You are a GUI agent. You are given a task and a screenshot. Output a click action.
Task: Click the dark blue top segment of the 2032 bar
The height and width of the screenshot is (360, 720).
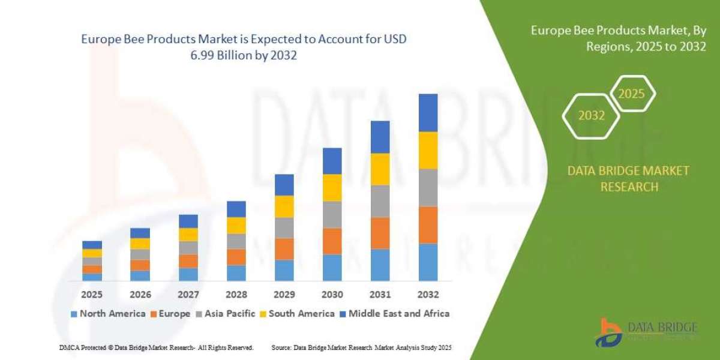[x=428, y=113]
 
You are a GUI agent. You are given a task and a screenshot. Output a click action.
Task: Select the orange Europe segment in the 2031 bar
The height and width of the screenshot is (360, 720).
[x=380, y=233]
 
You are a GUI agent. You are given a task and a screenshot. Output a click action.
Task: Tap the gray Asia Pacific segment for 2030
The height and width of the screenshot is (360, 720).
[x=332, y=214]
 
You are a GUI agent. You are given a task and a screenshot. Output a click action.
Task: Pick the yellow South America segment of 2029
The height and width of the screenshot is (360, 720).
[x=284, y=206]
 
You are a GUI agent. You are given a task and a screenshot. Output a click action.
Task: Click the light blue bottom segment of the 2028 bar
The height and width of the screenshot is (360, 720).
[x=236, y=273]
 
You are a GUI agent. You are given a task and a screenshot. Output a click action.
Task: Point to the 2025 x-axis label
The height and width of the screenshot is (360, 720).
[x=92, y=295]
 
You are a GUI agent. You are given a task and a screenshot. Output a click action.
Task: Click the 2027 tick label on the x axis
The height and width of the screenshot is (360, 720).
[x=188, y=295]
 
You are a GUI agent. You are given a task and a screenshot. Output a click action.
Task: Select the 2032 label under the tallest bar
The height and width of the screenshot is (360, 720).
[x=428, y=295]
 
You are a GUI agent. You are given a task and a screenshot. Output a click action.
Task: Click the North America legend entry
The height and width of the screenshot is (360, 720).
[x=108, y=313]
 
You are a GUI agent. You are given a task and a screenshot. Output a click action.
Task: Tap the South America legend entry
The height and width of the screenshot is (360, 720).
[x=296, y=313]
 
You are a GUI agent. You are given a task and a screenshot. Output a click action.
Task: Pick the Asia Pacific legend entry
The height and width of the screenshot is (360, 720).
[x=225, y=313]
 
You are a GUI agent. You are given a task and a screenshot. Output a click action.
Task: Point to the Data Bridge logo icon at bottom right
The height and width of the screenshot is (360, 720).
[x=608, y=332]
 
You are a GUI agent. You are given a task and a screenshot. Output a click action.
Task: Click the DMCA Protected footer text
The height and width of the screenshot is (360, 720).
[x=157, y=347]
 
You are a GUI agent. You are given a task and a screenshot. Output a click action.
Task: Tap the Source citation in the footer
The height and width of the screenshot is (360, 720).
[x=361, y=347]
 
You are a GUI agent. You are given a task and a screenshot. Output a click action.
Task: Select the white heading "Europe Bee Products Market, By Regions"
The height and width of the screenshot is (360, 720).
[x=618, y=39]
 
